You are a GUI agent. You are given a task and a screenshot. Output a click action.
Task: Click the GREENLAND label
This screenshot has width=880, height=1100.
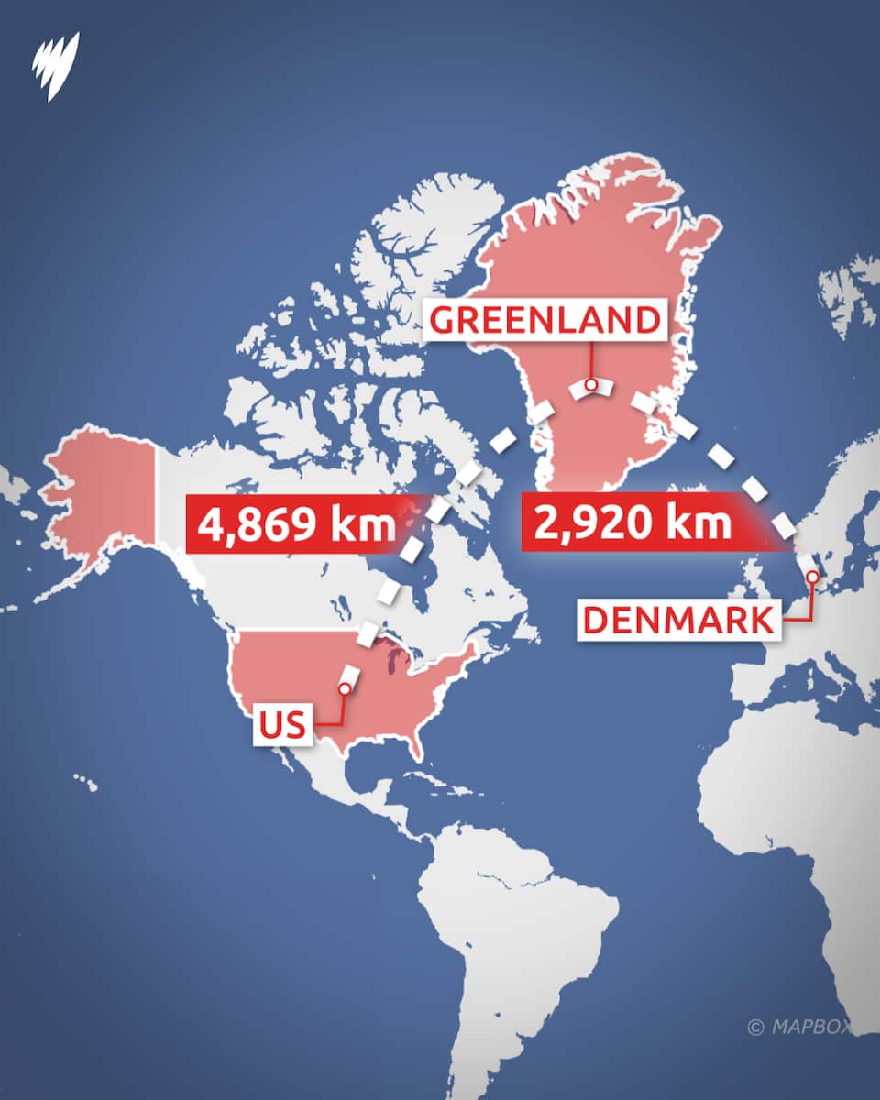click(544, 320)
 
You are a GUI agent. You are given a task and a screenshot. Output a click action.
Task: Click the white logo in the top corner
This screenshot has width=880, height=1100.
click(56, 65)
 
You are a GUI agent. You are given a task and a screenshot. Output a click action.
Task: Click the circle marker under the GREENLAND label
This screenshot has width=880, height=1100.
click(591, 384)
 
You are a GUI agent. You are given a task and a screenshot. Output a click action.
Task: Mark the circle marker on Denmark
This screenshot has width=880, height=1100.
click(811, 577)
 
